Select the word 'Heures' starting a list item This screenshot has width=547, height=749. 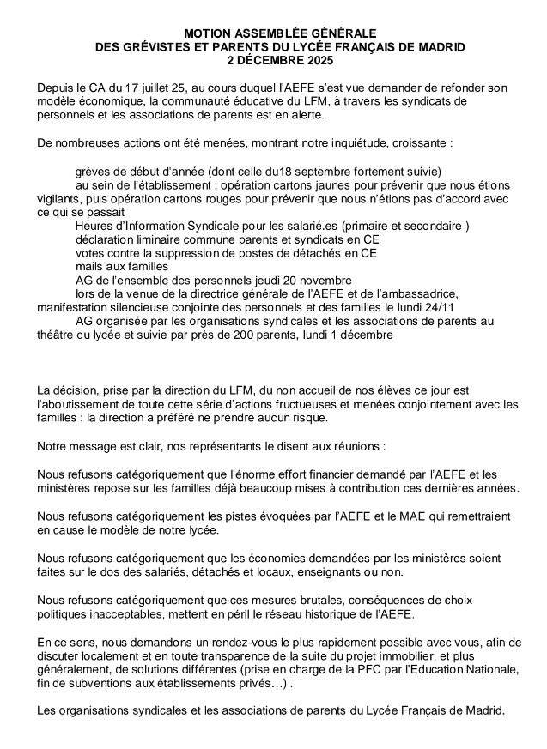tap(94, 226)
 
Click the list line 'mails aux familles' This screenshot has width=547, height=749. tap(118, 267)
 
